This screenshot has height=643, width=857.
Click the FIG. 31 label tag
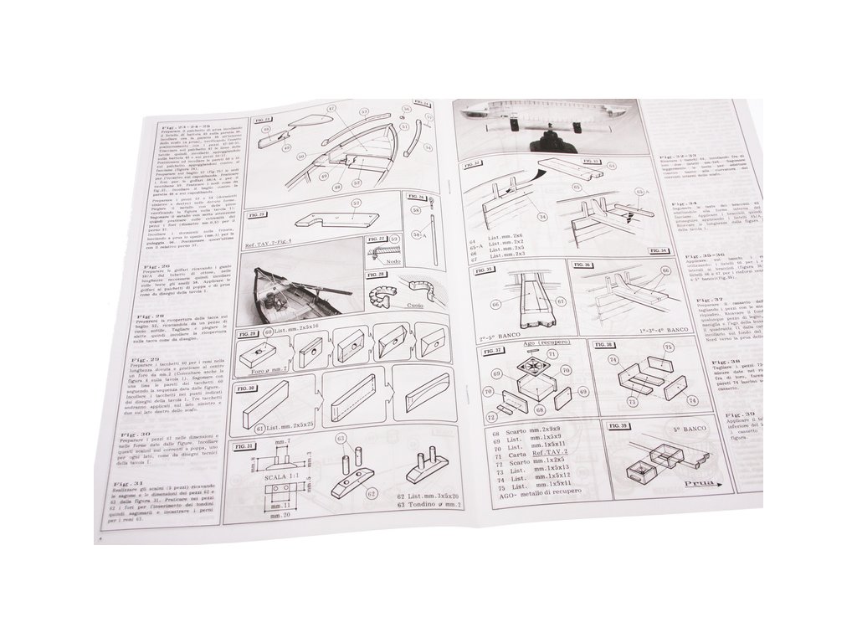click(x=249, y=445)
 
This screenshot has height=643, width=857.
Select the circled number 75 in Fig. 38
click(x=663, y=360)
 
